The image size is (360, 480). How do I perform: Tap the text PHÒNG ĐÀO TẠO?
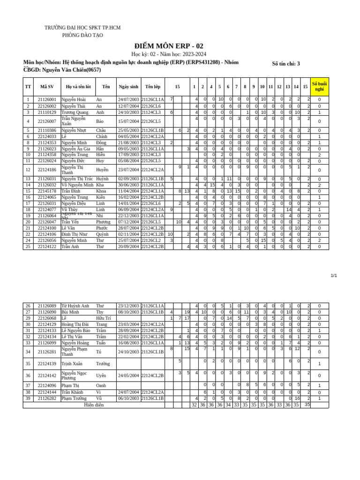coord(82,35)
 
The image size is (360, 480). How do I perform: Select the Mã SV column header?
coord(47,87)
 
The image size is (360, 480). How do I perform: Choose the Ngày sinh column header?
coord(128,87)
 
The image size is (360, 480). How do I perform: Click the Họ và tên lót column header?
coord(78,87)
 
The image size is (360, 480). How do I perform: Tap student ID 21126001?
coord(47,100)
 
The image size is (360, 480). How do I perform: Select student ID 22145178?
coord(47,191)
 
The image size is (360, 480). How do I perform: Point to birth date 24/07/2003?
coord(128,100)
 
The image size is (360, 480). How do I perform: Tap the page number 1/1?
coord(334,276)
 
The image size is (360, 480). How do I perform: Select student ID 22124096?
coord(47,385)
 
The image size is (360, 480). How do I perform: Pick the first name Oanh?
coord(101,385)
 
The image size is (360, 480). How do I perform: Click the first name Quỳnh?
coord(102,234)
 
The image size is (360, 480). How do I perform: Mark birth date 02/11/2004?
coord(128,234)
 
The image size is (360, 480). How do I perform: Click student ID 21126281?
coord(47,352)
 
